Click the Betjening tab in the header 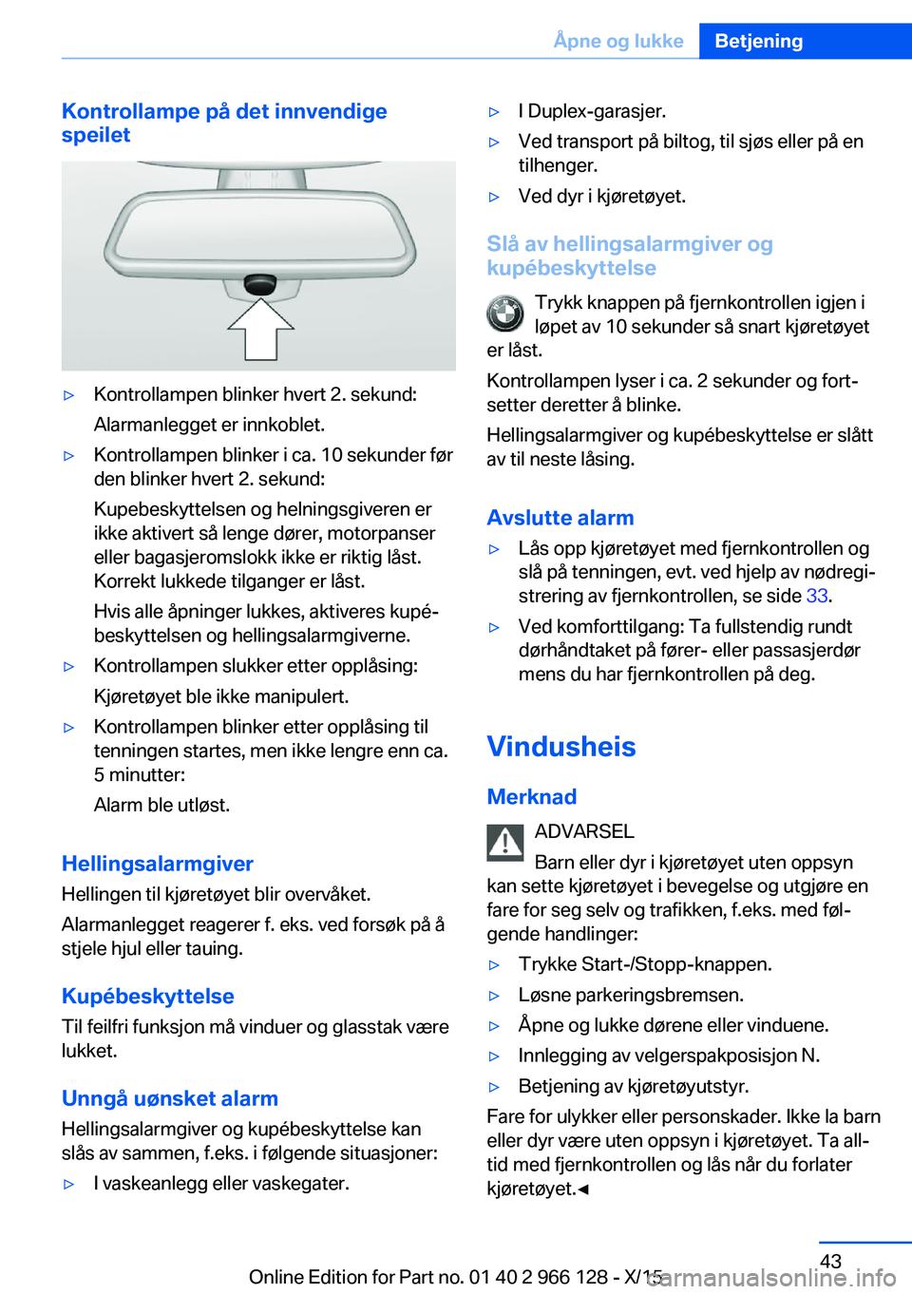click(x=758, y=41)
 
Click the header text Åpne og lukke click(x=618, y=41)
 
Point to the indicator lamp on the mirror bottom click(x=259, y=283)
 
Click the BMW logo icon click(x=505, y=314)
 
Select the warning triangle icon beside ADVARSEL click(x=505, y=842)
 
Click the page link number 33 click(x=817, y=596)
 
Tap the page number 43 click(x=830, y=1261)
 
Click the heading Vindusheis click(x=561, y=747)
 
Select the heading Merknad click(x=532, y=797)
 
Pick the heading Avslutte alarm click(x=560, y=518)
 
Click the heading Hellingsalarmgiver click(x=158, y=864)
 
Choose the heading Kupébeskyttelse click(x=148, y=996)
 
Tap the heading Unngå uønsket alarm click(x=170, y=1098)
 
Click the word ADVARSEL click(x=584, y=831)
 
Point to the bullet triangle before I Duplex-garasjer click(x=494, y=112)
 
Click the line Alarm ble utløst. click(x=161, y=805)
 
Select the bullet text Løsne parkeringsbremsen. click(x=631, y=995)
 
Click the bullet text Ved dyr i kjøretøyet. click(x=601, y=196)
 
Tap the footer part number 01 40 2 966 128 click(x=538, y=1277)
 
